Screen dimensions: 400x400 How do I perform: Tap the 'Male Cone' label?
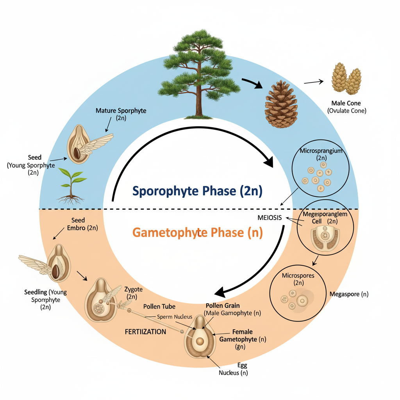click(346, 104)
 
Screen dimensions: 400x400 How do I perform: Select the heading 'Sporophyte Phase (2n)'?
click(197, 191)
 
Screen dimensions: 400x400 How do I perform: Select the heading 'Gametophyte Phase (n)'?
click(197, 232)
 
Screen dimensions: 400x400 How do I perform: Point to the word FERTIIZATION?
click(145, 332)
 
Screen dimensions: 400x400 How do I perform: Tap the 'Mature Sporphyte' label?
click(121, 111)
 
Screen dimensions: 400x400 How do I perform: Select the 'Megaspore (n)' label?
click(349, 294)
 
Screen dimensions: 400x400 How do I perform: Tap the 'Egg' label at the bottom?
click(242, 365)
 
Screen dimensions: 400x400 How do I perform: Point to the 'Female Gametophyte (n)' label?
click(243, 336)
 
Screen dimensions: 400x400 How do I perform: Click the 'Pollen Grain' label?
click(222, 305)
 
